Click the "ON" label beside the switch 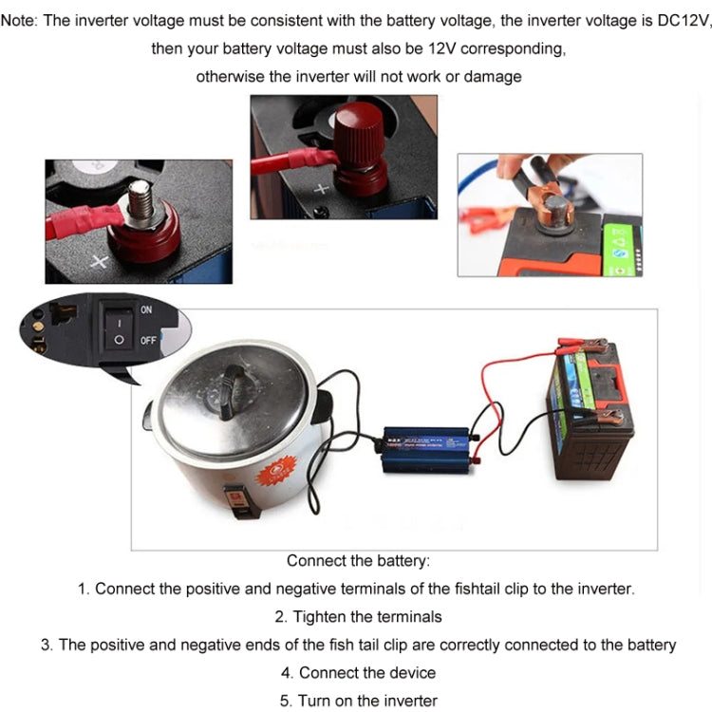[147, 309]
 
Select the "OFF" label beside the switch [148, 340]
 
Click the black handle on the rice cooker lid [232, 388]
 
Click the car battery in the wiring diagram [592, 408]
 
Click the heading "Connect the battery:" [358, 561]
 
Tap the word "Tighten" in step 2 [320, 617]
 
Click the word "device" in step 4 [410, 673]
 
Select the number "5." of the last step [286, 701]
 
